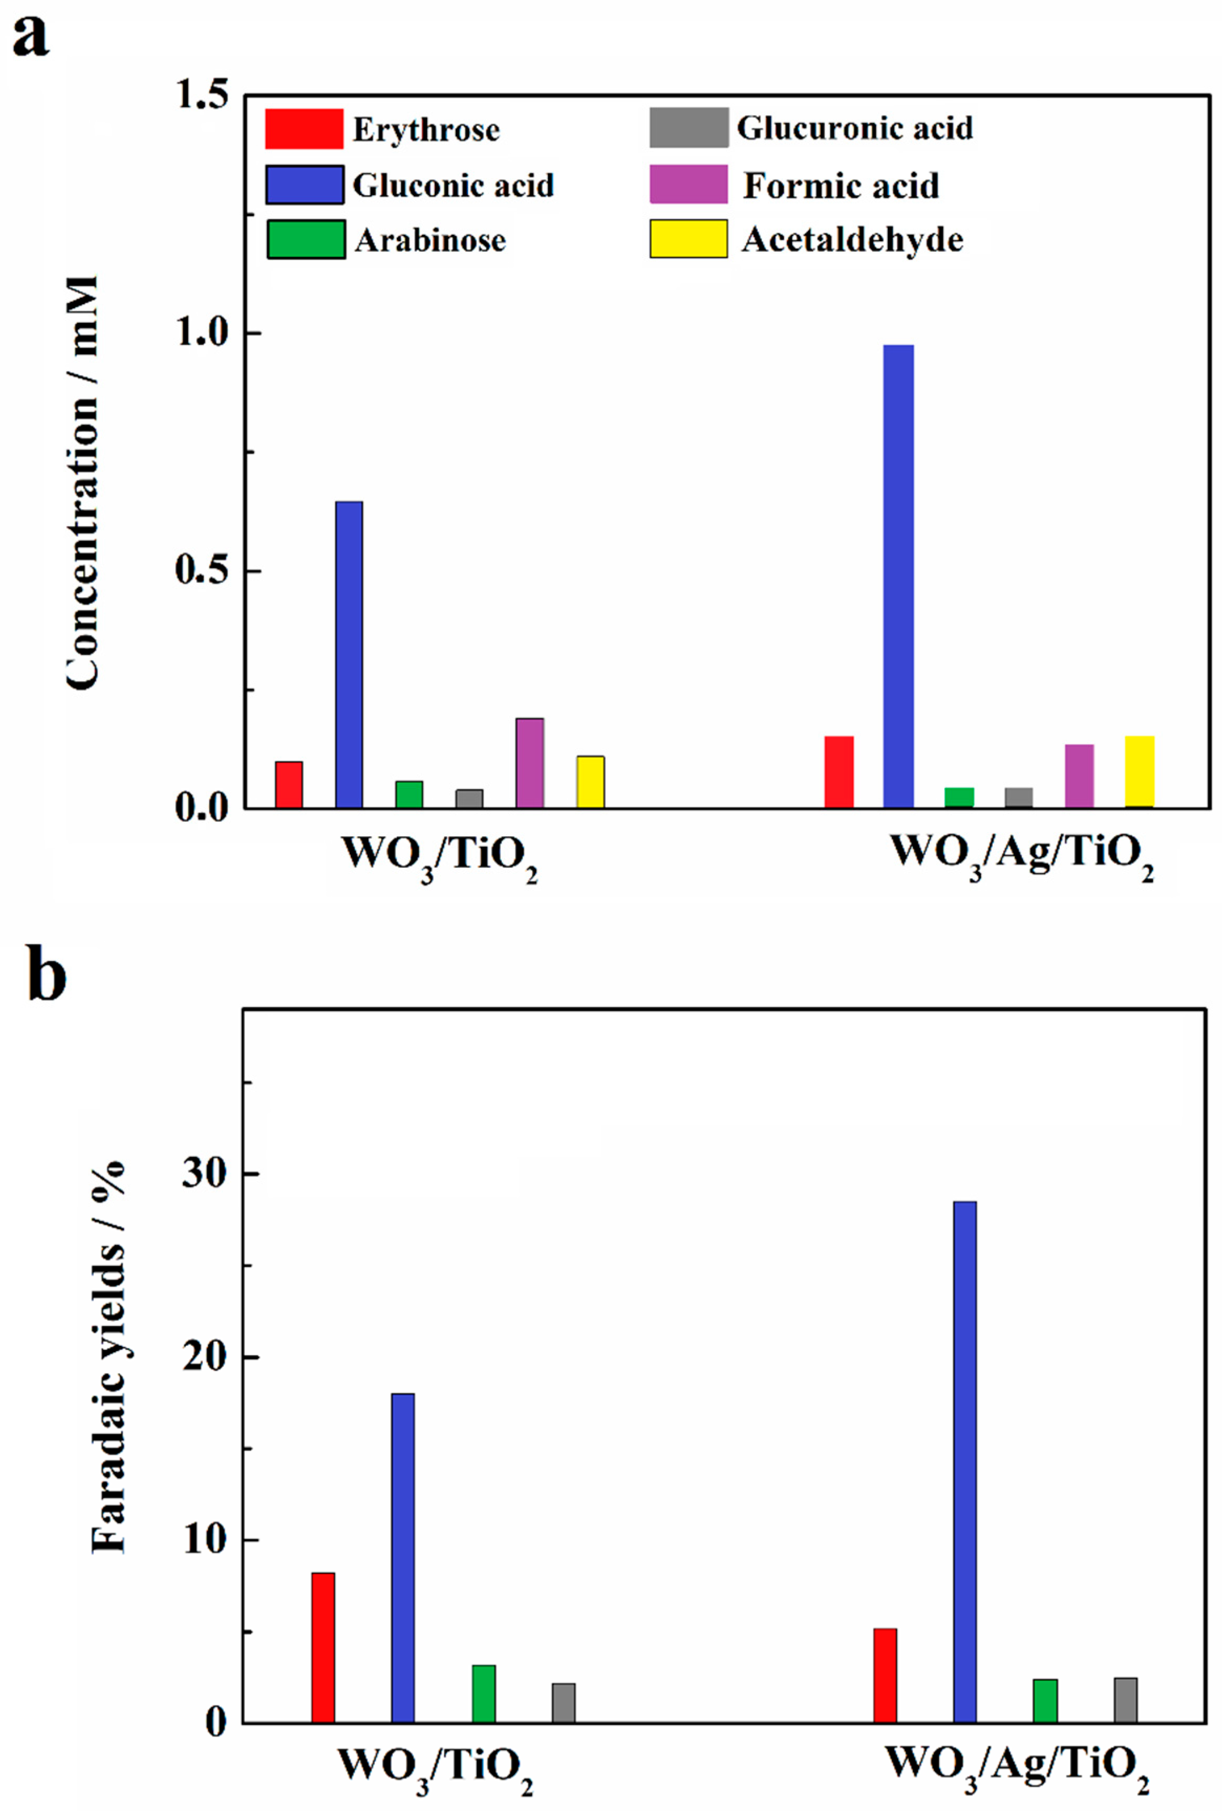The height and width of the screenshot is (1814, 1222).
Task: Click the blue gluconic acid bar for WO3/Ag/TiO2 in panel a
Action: click(898, 576)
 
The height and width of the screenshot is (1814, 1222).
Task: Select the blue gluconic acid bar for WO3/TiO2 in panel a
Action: click(349, 654)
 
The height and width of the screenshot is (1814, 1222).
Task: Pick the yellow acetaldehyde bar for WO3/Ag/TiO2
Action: click(1139, 772)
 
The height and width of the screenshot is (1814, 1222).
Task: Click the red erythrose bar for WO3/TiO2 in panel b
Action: click(323, 1647)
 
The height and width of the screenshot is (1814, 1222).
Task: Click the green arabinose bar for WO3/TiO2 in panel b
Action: click(483, 1693)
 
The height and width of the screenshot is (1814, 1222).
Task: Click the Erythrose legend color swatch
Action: click(304, 128)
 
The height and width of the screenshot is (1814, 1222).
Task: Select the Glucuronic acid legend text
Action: click(855, 128)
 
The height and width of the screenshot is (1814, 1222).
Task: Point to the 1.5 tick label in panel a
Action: click(202, 95)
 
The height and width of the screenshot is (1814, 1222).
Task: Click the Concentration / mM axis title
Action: click(83, 483)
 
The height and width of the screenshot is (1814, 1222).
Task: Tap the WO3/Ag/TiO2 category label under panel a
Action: click(1023, 855)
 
